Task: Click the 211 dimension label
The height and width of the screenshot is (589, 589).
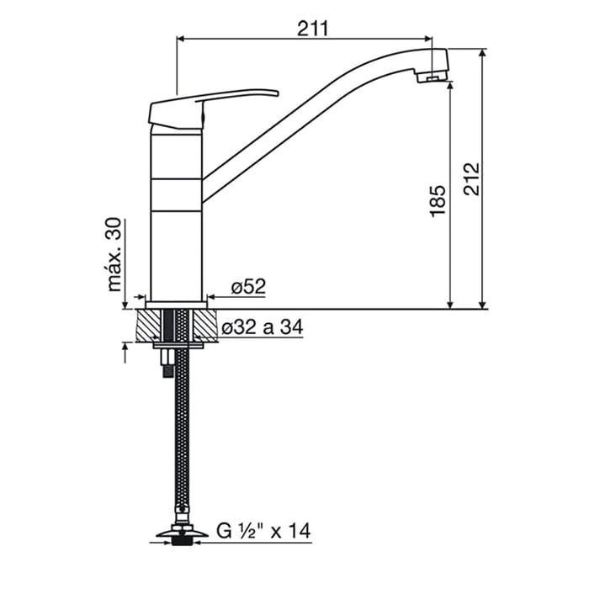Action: pyautogui.click(x=312, y=28)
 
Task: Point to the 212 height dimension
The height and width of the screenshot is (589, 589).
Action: pyautogui.click(x=471, y=178)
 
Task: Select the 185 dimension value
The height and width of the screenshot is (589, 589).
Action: pyautogui.click(x=438, y=201)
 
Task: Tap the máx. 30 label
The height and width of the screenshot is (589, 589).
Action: pyautogui.click(x=114, y=254)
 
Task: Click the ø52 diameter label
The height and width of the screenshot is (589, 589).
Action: pyautogui.click(x=248, y=287)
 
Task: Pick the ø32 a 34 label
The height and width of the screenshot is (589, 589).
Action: pyautogui.click(x=262, y=327)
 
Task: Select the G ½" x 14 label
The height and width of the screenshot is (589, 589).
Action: pyautogui.click(x=263, y=531)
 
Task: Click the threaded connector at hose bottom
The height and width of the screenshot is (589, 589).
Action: pyautogui.click(x=182, y=540)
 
